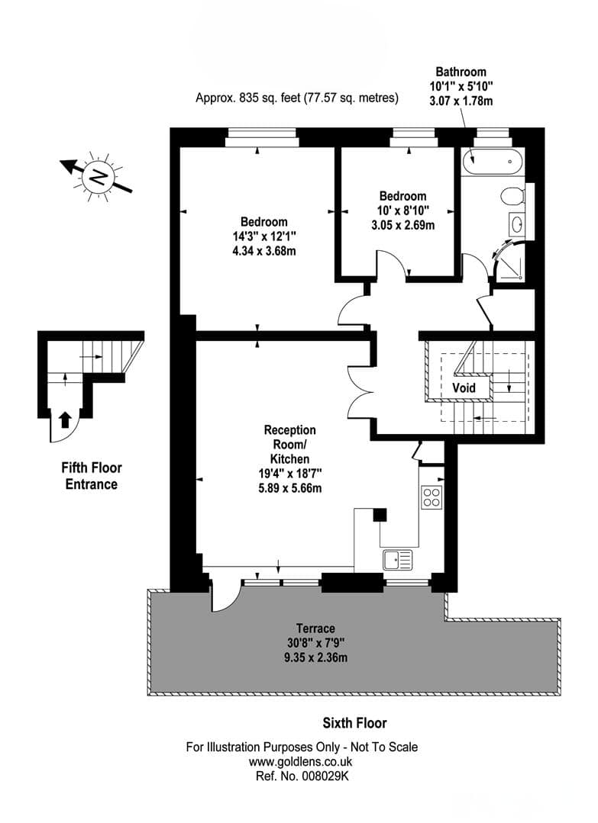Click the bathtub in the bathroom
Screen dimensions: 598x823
click(x=492, y=161)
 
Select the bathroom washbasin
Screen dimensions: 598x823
click(x=516, y=225)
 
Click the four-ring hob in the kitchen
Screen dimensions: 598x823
click(x=432, y=497)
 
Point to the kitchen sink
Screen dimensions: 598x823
click(x=398, y=560)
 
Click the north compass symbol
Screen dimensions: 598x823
click(x=96, y=176)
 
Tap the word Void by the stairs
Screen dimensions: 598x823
click(x=464, y=388)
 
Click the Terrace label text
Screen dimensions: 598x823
click(x=315, y=629)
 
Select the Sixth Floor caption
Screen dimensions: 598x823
click(x=354, y=723)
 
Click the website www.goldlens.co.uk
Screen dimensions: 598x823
click(x=301, y=761)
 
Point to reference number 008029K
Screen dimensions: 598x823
click(x=302, y=776)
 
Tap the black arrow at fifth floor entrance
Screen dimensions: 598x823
click(x=65, y=420)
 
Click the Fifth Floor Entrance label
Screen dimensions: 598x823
click(x=92, y=475)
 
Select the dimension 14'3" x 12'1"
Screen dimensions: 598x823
click(x=264, y=236)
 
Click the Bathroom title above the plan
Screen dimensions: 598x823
click(x=461, y=72)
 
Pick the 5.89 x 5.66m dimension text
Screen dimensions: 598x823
click(x=290, y=487)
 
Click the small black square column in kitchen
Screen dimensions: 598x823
click(x=380, y=514)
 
